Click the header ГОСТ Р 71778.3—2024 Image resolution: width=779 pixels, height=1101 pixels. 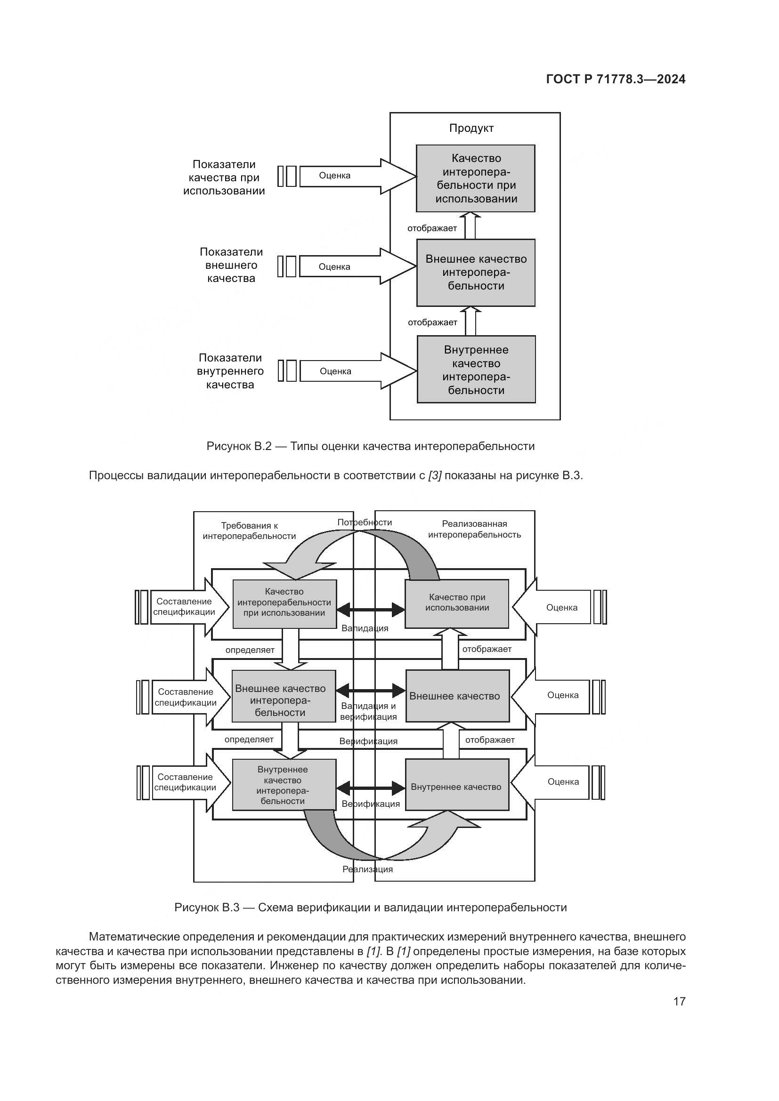click(616, 80)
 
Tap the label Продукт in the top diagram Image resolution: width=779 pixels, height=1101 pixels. click(471, 128)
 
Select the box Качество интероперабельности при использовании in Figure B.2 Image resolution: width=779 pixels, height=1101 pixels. click(475, 178)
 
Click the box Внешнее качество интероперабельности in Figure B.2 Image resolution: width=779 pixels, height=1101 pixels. click(476, 273)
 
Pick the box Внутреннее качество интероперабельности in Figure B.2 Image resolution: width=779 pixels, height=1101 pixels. click(476, 369)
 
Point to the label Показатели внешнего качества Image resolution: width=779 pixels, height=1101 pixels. click(231, 265)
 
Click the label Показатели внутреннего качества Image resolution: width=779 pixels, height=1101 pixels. click(230, 371)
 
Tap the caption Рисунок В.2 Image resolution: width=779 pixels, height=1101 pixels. click(370, 446)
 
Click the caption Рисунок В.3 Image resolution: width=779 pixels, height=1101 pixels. click(370, 907)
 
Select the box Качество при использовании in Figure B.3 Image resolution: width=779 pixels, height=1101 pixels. click(457, 603)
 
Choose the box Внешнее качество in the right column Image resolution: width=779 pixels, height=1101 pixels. click(457, 696)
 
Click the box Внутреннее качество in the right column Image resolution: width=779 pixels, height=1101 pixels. click(457, 787)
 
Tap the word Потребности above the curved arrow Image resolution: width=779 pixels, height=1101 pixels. click(365, 522)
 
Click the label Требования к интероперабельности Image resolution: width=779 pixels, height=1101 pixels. click(250, 531)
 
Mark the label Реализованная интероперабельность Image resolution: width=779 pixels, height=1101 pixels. click(474, 529)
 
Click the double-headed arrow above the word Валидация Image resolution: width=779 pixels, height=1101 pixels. click(371, 610)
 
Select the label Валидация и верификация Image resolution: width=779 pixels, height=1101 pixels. click(368, 711)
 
